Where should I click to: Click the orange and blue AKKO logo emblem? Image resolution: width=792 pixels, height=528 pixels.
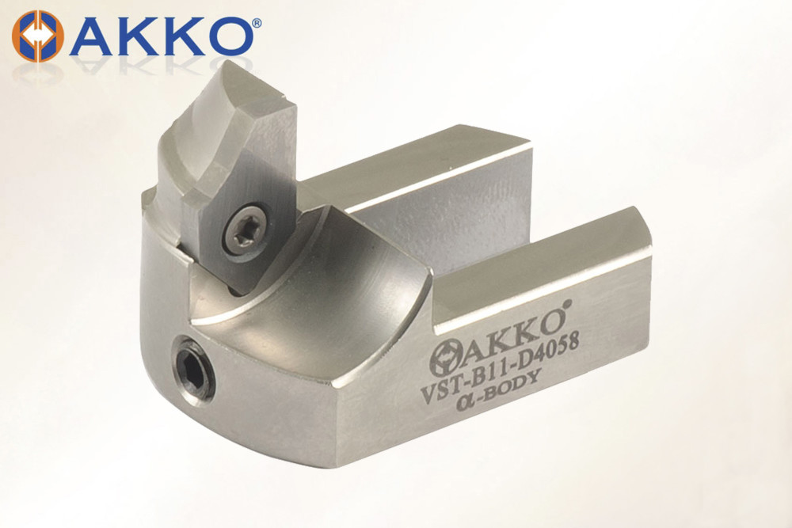tap(38, 36)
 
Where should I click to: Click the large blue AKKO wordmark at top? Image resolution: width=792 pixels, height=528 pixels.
tap(161, 37)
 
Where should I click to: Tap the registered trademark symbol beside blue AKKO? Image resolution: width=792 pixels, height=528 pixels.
tap(257, 23)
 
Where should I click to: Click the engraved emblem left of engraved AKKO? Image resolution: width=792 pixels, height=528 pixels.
tap(444, 359)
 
